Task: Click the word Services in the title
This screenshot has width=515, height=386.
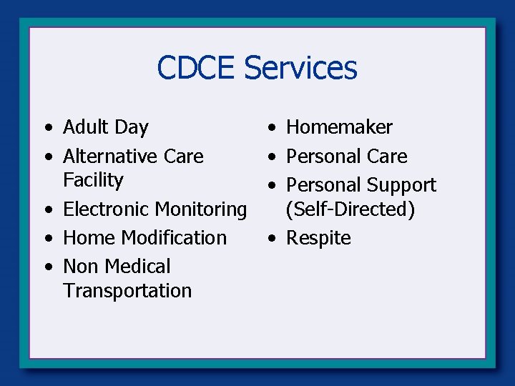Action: pos(300,68)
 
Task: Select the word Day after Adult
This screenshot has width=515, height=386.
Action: pos(131,128)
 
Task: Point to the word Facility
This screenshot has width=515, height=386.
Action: pos(93,180)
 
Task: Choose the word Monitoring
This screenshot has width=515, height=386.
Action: pos(199,209)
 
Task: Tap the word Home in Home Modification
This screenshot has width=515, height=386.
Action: pos(89,237)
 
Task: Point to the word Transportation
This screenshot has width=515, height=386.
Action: pos(127,291)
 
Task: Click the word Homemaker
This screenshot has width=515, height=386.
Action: pos(339,127)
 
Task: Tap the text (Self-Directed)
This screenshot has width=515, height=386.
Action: pos(350,209)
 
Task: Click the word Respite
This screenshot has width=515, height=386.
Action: pos(318,238)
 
